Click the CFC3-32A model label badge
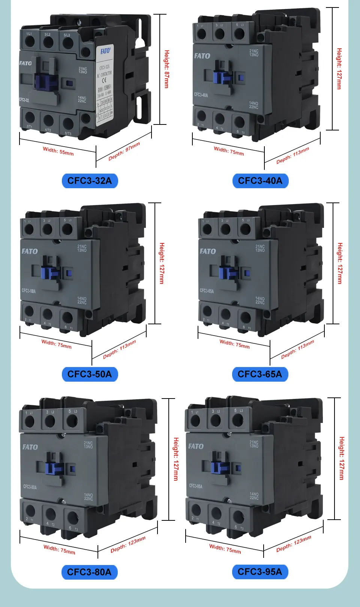click(90, 181)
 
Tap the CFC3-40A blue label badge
click(260, 181)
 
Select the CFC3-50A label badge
click(90, 374)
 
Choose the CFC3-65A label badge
click(260, 374)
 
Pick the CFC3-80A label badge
click(89, 572)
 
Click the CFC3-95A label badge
click(260, 572)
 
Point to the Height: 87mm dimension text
click(167, 69)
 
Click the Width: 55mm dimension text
click(58, 151)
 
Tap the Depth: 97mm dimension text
click(124, 151)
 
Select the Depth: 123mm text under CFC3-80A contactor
click(128, 544)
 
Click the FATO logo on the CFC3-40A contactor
click(202, 56)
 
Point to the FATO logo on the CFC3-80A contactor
click(30, 447)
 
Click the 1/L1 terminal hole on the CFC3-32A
click(30, 41)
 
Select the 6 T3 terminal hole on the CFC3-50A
click(67, 318)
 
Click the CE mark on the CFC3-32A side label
click(105, 80)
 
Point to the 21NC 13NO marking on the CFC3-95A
click(254, 444)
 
